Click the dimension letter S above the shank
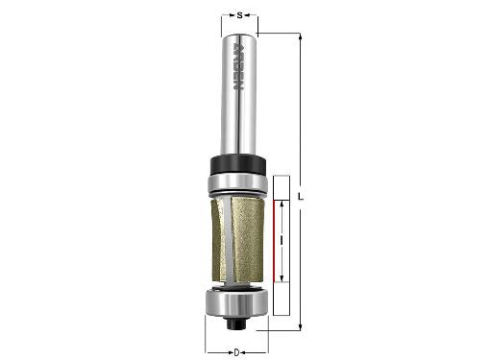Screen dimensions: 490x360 (239, 14)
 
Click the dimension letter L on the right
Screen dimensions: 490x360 (301, 196)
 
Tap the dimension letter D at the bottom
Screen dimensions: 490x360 (236, 352)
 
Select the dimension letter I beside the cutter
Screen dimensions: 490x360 (282, 241)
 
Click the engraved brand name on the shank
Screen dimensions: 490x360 (238, 66)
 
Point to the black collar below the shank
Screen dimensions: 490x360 (238, 165)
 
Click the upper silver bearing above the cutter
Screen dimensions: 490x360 (238, 185)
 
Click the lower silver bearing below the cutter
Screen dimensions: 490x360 (236, 302)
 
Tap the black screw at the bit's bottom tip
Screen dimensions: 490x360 (236, 323)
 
